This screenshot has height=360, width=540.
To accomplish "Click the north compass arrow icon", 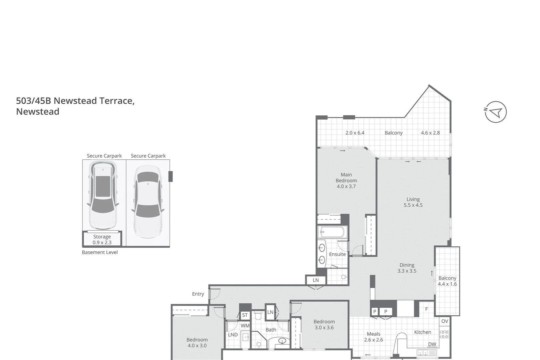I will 496,112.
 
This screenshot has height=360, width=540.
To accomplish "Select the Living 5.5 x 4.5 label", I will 413,202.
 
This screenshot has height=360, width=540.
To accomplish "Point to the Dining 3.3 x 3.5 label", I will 407,268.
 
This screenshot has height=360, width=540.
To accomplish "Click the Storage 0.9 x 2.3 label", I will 102,239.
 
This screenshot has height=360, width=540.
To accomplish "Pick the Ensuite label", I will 337,254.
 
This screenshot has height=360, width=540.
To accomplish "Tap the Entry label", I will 198,294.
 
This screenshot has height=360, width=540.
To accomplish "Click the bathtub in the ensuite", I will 332,232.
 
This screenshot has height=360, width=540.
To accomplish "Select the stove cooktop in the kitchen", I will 444,334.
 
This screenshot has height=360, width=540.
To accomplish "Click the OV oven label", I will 445,321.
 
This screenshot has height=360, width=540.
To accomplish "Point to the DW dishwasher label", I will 432,344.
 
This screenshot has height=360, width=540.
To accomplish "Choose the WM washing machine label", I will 245,326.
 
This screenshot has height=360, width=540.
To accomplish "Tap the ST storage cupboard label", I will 245,315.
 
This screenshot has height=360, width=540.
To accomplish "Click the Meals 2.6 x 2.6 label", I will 373,337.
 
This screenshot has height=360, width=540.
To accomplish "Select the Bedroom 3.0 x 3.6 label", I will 324,325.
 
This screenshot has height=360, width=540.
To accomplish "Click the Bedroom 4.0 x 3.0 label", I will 197,343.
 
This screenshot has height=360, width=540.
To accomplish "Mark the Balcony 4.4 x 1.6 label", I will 447,281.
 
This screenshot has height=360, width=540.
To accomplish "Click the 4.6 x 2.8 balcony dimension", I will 430,133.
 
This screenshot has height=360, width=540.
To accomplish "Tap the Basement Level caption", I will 100,252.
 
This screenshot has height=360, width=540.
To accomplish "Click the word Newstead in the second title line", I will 38,112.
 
